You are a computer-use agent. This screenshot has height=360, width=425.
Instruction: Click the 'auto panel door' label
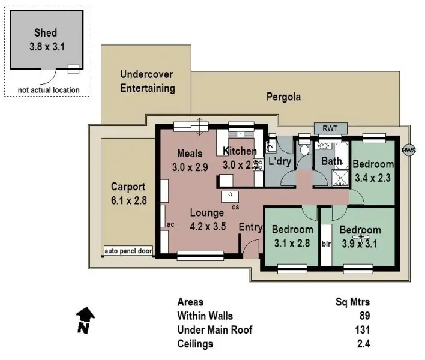point(128,251)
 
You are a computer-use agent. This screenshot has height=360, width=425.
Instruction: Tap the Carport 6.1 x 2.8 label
point(128,193)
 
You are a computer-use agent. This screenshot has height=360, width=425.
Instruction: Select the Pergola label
point(284,97)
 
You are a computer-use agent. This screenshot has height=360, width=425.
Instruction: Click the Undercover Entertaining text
point(148,82)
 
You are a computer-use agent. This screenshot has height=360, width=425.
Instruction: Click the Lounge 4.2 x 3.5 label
point(207,220)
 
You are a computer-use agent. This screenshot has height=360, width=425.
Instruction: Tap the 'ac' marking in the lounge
point(170,224)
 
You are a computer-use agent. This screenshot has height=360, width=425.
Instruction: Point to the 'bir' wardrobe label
point(327,244)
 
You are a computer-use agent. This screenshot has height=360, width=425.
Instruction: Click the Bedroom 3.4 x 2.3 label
point(373,170)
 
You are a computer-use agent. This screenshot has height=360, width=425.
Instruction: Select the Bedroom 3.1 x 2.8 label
point(292,236)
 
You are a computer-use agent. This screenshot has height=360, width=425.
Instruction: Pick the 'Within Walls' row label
point(205,316)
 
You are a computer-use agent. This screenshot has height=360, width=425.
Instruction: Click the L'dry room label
point(279,161)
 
